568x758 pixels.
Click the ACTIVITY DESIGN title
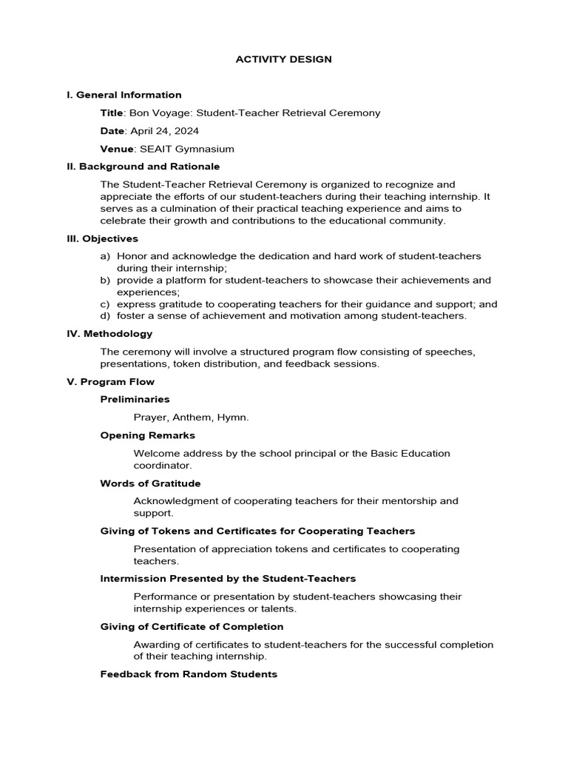tap(283, 59)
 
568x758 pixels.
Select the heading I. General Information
tap(124, 95)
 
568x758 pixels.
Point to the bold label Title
tap(112, 113)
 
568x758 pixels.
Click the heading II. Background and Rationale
tap(143, 167)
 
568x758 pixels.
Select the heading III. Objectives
tap(102, 238)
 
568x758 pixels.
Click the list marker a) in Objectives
tap(105, 256)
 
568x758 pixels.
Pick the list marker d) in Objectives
tap(105, 316)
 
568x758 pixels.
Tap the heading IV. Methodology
tap(109, 334)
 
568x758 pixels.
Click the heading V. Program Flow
tap(110, 382)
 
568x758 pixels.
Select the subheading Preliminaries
tap(135, 400)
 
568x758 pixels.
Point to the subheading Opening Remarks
tap(148, 436)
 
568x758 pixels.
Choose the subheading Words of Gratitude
tap(150, 483)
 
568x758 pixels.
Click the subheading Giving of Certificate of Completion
tap(192, 627)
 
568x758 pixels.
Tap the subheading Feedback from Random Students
tap(189, 674)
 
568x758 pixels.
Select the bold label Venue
tap(115, 149)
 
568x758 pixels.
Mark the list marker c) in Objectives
tap(105, 304)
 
